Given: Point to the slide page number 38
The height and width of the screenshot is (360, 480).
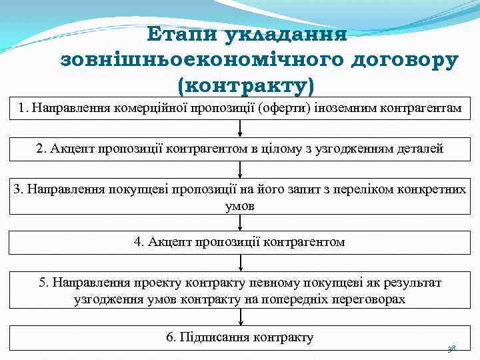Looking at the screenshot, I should point(451,349).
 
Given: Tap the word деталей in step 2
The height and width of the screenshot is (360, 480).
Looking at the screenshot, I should point(419,148).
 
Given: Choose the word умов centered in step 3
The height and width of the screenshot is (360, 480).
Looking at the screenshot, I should point(240,205).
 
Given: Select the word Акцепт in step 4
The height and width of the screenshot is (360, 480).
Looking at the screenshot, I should point(168,242).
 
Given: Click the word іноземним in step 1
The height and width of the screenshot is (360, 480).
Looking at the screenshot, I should point(351,107).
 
